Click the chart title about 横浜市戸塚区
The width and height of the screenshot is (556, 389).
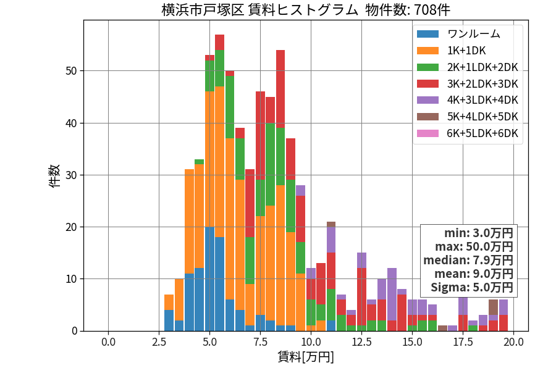(x=306, y=9)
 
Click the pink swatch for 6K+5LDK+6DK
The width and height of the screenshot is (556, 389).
(x=428, y=133)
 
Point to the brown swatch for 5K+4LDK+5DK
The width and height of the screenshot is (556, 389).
(x=428, y=117)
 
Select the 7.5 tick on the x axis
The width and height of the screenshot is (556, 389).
(x=260, y=342)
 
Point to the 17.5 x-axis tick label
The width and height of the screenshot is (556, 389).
(x=463, y=342)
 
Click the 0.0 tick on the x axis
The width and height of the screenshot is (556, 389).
(x=108, y=342)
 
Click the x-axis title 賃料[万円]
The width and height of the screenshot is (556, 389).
(x=306, y=357)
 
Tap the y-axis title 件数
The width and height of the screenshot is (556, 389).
(x=54, y=176)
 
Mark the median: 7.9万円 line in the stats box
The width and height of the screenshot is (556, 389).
(x=468, y=261)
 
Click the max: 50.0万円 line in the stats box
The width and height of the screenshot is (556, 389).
(x=474, y=247)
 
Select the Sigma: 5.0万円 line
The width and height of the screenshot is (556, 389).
(x=472, y=287)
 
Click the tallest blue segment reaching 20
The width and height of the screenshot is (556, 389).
(x=209, y=279)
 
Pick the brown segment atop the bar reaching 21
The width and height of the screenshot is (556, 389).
(x=331, y=224)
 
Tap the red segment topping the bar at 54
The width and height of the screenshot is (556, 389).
(x=280, y=89)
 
